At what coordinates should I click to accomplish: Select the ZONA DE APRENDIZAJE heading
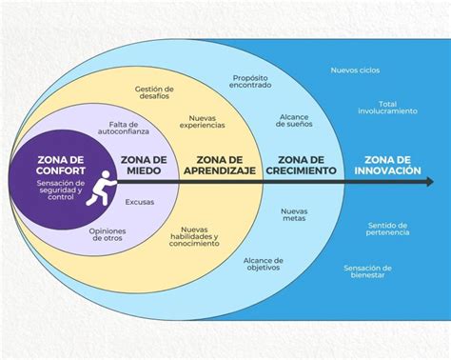[220, 165]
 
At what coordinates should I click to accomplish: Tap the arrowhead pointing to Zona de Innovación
[345, 182]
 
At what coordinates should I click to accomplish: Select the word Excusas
[139, 202]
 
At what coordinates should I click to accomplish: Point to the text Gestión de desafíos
[155, 92]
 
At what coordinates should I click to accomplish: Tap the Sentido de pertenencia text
[387, 230]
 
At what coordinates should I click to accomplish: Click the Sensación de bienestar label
[369, 272]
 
